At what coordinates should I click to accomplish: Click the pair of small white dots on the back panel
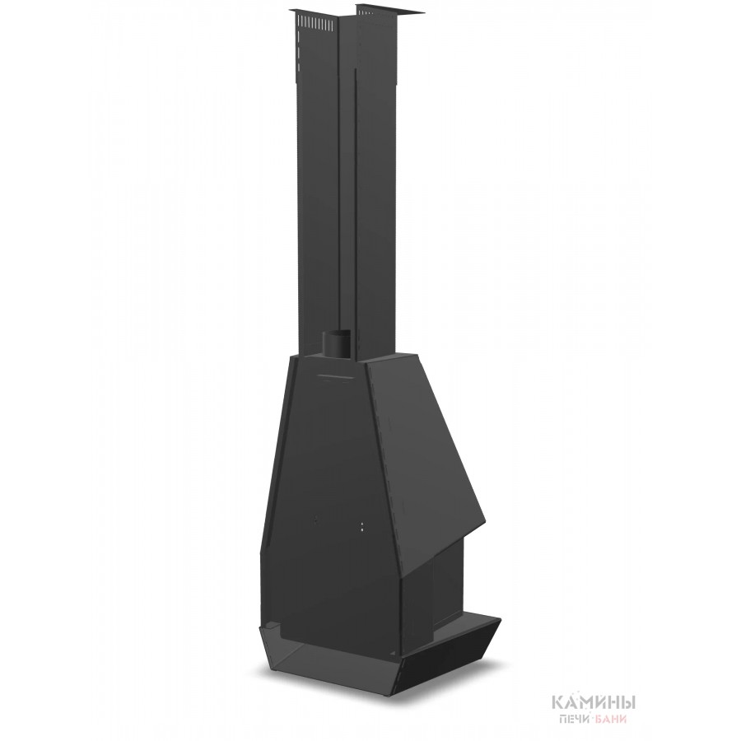click(x=362, y=526)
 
